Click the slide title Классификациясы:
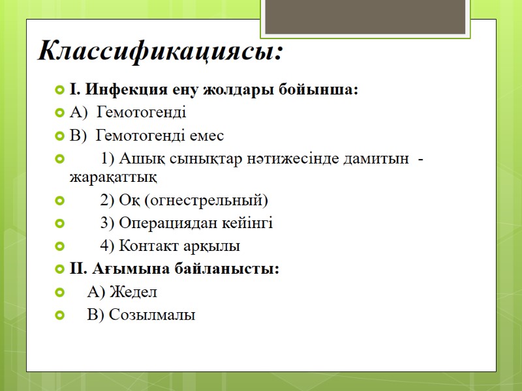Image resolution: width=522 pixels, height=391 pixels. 161,51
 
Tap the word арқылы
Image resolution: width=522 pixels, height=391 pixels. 211,246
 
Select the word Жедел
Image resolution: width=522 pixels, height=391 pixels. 133,292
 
